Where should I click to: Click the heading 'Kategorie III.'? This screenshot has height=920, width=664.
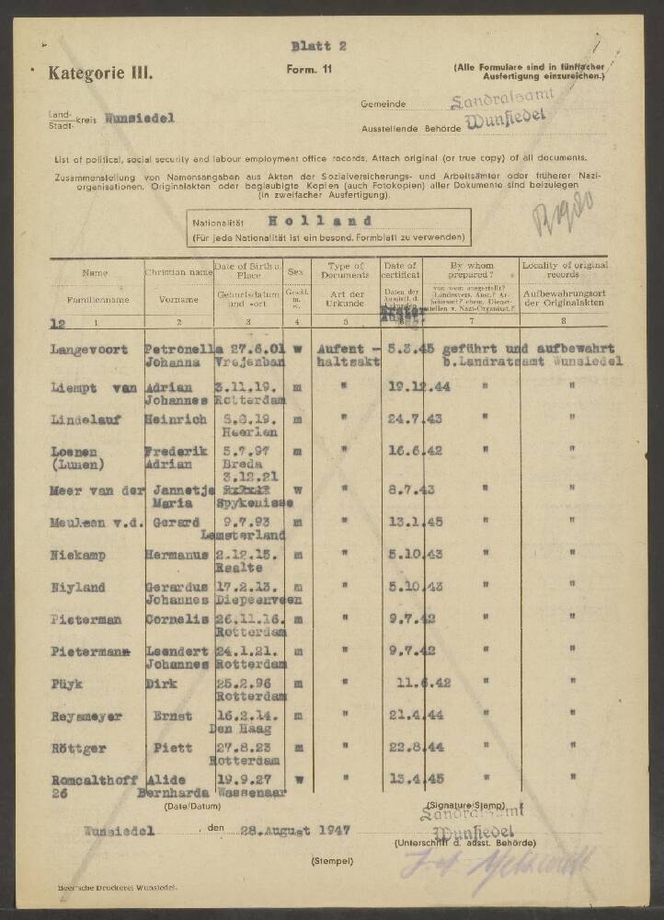(x=101, y=71)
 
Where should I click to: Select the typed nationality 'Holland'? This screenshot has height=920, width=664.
(x=321, y=221)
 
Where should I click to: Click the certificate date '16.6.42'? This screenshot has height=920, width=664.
(x=406, y=452)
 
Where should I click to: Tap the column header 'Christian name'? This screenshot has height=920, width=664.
(x=178, y=272)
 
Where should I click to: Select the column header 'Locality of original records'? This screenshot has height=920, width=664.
(x=565, y=269)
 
